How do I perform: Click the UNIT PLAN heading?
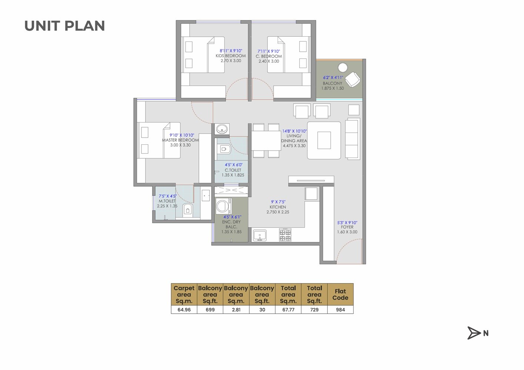[x=65, y=26]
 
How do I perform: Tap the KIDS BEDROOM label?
[x=230, y=56]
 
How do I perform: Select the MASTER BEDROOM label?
[x=180, y=140]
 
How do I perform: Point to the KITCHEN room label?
[x=278, y=207]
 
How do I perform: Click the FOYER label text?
[x=347, y=227]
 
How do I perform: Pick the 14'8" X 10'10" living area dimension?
[x=294, y=131]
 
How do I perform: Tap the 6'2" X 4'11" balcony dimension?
[x=333, y=78]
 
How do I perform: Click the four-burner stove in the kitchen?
[x=285, y=235]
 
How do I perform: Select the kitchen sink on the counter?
[x=260, y=235]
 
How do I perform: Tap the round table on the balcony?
[x=343, y=67]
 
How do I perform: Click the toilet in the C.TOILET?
[x=225, y=149]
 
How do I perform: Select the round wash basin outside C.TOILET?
[x=222, y=129]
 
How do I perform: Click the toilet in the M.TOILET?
[x=188, y=210]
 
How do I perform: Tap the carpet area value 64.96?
[x=184, y=310]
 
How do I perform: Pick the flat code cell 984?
[x=340, y=310]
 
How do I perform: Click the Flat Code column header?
[x=340, y=294]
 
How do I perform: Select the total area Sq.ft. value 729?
[x=314, y=310]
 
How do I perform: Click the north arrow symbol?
[x=474, y=333]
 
